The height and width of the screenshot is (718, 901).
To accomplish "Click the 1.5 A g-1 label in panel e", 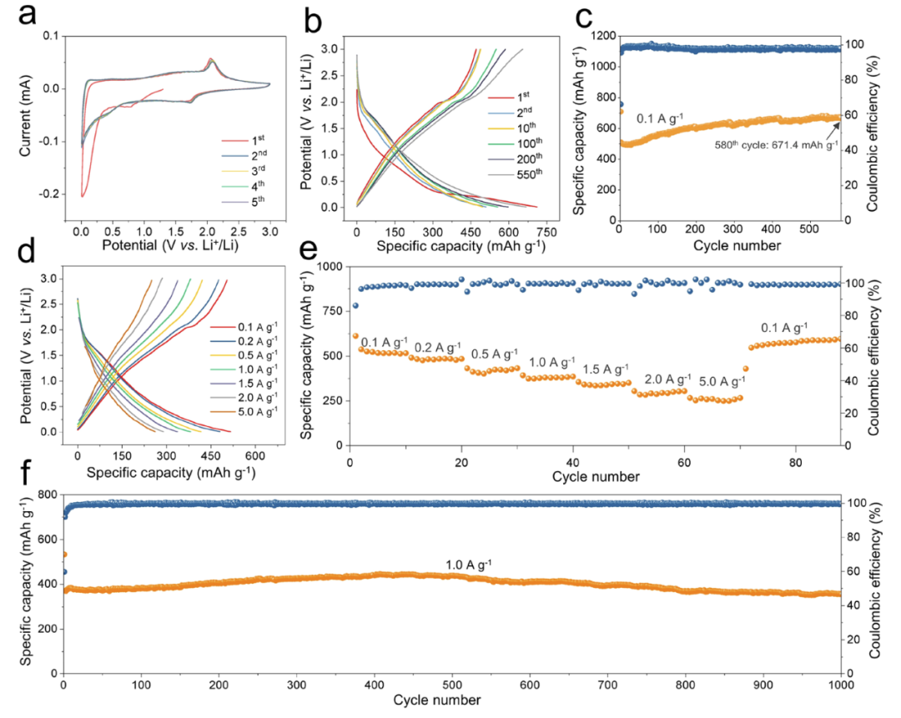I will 605,369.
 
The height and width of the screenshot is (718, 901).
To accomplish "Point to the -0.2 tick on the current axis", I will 50,193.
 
